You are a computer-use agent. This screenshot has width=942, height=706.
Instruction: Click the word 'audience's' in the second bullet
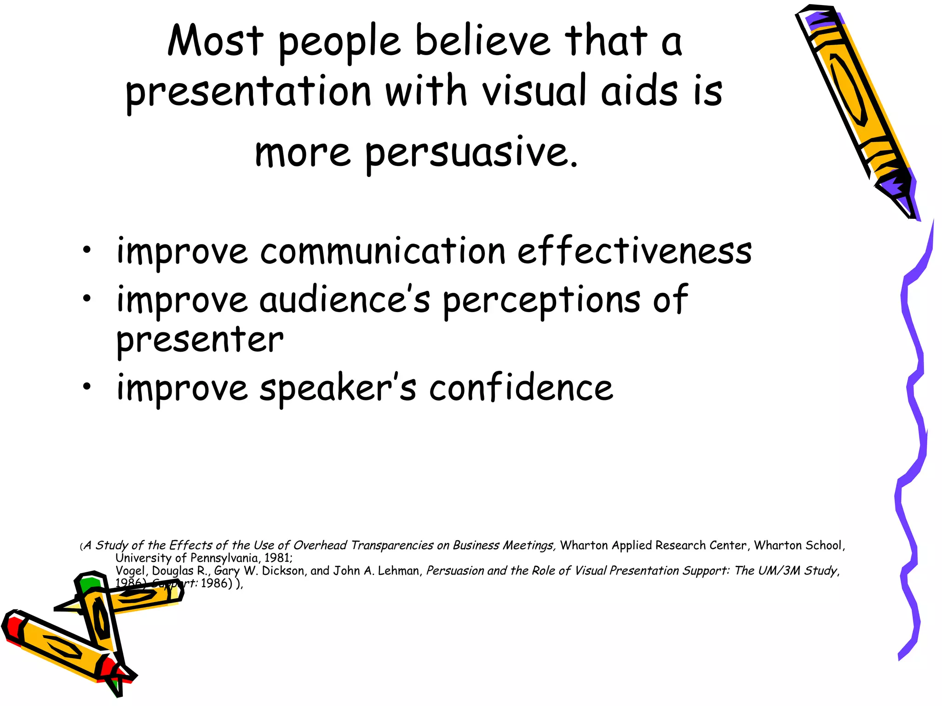(x=345, y=300)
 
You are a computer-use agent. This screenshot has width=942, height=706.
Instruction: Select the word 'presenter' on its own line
(x=200, y=341)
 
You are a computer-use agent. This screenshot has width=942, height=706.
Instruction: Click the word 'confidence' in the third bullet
(x=521, y=387)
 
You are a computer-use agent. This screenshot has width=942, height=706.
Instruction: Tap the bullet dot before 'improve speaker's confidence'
(x=86, y=387)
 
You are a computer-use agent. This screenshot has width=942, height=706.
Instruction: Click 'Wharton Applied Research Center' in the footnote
(x=653, y=546)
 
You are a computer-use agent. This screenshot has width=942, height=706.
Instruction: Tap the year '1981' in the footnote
(x=277, y=558)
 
